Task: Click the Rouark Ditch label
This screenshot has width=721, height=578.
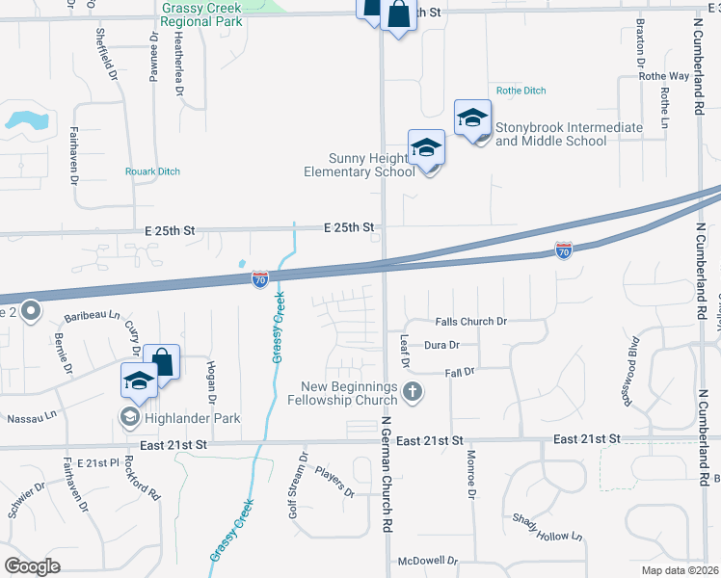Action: (x=152, y=171)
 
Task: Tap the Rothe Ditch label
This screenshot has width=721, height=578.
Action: (x=521, y=91)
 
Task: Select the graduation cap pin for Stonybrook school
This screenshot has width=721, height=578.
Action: (x=472, y=118)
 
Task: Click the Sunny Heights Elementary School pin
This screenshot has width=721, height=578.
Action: (x=426, y=148)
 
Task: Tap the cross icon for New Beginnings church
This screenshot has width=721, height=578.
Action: (x=413, y=391)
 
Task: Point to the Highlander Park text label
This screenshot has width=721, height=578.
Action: (x=192, y=418)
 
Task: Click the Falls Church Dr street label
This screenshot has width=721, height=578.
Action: (x=470, y=321)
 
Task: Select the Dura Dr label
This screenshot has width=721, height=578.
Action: (x=442, y=344)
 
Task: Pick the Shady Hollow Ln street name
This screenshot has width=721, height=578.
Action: (x=548, y=526)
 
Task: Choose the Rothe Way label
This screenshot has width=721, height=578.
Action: (x=664, y=76)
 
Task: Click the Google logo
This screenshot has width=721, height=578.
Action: (x=33, y=566)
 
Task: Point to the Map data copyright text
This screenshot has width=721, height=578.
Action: (x=681, y=569)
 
